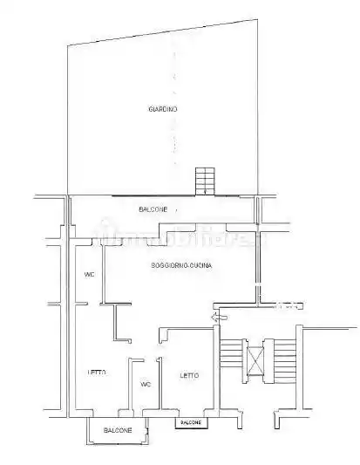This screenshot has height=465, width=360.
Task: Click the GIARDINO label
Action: point(162,109)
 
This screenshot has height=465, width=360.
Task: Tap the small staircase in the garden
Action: point(204,181)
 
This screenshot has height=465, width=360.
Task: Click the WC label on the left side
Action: point(89,275)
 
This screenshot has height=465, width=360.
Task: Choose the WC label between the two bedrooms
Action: point(146,383)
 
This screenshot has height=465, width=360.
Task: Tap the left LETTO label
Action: point(97,373)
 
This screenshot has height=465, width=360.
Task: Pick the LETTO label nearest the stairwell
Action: point(189,376)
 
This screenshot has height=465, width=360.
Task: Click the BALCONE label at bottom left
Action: point(118,431)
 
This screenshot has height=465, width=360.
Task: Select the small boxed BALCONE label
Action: point(190,423)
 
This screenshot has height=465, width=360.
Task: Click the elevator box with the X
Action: point(255,360)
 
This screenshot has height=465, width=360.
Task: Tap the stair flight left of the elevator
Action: point(231,360)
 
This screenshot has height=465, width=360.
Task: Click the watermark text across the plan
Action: point(179,237)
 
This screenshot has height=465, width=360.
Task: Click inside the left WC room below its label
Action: point(89,292)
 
